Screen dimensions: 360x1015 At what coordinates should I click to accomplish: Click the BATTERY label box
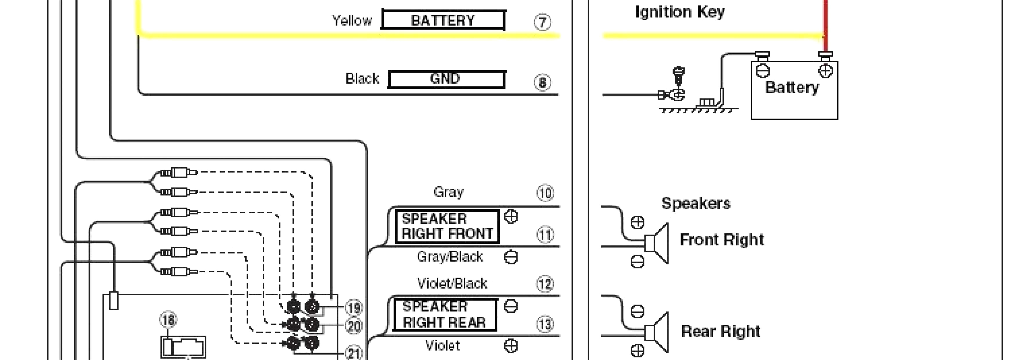pyautogui.click(x=443, y=20)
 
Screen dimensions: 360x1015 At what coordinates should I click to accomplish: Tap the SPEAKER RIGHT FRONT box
pyautogui.click(x=447, y=226)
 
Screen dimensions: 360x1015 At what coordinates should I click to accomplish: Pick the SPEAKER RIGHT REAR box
pyautogui.click(x=444, y=315)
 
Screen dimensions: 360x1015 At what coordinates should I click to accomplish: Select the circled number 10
pyautogui.click(x=545, y=193)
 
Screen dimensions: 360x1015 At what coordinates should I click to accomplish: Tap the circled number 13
pyautogui.click(x=545, y=324)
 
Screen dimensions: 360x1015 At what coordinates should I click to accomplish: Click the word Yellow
pyautogui.click(x=352, y=20)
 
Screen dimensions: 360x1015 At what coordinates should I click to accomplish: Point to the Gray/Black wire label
pyautogui.click(x=449, y=257)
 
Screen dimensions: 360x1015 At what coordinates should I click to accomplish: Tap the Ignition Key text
pyautogui.click(x=680, y=12)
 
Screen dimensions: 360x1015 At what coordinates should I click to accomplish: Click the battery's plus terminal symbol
pyautogui.click(x=825, y=71)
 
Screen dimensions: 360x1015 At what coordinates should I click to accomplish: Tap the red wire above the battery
pyautogui.click(x=825, y=20)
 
